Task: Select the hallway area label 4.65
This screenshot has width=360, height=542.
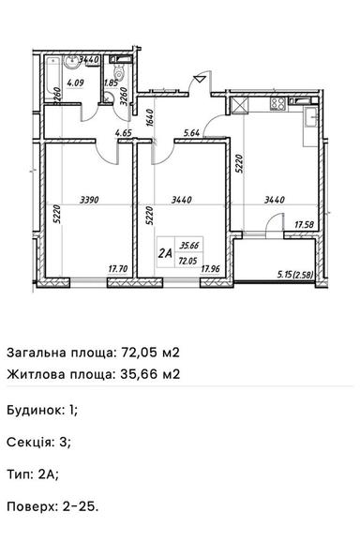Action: click(x=123, y=134)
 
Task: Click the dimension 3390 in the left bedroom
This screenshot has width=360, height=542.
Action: click(x=90, y=200)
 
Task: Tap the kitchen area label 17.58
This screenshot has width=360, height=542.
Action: click(x=303, y=225)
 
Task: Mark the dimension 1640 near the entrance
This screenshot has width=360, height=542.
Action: click(x=149, y=117)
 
